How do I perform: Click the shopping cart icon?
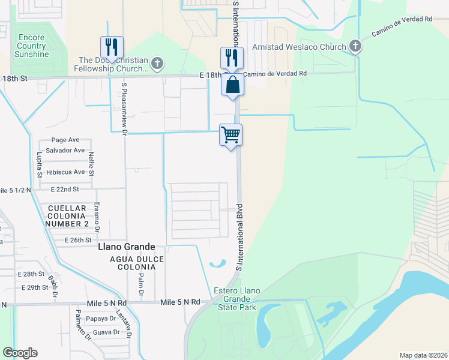click(x=231, y=135)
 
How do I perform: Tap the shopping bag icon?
click(x=232, y=85)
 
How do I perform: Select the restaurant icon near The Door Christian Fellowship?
click(x=112, y=47)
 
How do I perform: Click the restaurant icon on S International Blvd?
click(x=232, y=58)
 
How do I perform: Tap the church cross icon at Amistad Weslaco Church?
click(x=355, y=46)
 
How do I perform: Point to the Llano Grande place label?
click(x=126, y=247)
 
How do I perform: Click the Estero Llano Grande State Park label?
click(x=237, y=299)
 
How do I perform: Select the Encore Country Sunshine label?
click(x=31, y=46)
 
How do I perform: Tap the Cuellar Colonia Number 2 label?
click(x=67, y=215)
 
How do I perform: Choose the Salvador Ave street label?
click(x=65, y=150)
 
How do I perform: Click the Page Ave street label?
click(x=65, y=140)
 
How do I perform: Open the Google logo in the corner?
click(x=20, y=353)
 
